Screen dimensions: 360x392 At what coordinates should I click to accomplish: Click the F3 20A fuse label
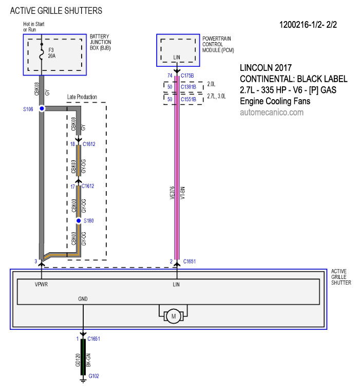(52, 53)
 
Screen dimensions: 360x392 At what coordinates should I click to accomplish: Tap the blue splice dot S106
(42, 108)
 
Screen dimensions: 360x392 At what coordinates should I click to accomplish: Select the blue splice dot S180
(79, 220)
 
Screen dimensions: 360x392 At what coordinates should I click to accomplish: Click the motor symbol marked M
(174, 316)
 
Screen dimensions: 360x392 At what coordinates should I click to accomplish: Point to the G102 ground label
(93, 376)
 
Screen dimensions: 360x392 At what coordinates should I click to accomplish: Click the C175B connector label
(187, 76)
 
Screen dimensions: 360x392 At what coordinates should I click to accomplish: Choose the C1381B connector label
(188, 87)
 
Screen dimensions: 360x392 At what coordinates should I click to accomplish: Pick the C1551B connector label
(188, 99)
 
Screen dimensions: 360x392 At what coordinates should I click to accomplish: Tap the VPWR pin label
(41, 284)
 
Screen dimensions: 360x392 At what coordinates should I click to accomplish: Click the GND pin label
(83, 298)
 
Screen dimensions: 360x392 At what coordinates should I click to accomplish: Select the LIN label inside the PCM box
(177, 57)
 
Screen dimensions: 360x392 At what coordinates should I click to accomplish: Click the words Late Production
(82, 97)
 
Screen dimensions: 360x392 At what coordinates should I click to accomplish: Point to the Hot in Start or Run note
(34, 27)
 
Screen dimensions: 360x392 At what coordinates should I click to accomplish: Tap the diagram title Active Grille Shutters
(56, 11)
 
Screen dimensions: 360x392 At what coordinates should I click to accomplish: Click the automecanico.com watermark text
(272, 112)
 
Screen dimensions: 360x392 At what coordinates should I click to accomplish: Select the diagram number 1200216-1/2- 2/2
(308, 25)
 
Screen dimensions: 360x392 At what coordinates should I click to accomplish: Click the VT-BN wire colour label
(183, 193)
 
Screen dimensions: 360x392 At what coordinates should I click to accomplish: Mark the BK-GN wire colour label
(88, 360)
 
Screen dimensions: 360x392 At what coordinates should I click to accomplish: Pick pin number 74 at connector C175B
(170, 76)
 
